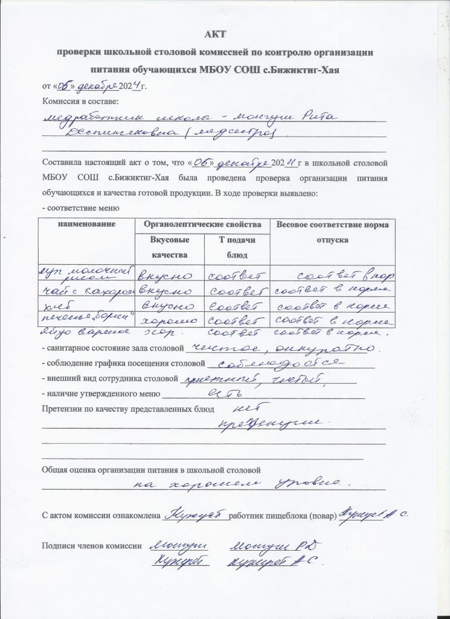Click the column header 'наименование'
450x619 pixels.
pos(86,225)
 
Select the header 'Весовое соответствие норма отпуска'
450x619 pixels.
pos(331,232)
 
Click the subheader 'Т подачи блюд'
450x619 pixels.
pos(236,248)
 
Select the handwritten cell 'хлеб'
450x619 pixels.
pos(54,305)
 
